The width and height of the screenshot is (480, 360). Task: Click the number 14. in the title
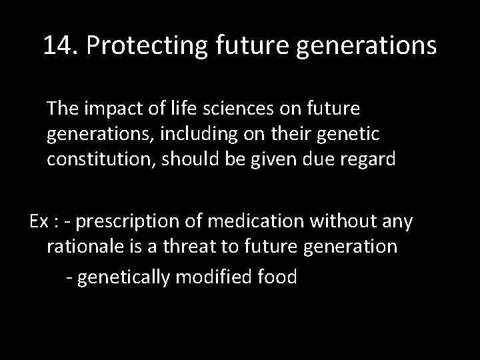point(61,46)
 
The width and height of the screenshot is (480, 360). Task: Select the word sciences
point(236,107)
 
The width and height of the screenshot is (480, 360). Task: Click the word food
point(277,276)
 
